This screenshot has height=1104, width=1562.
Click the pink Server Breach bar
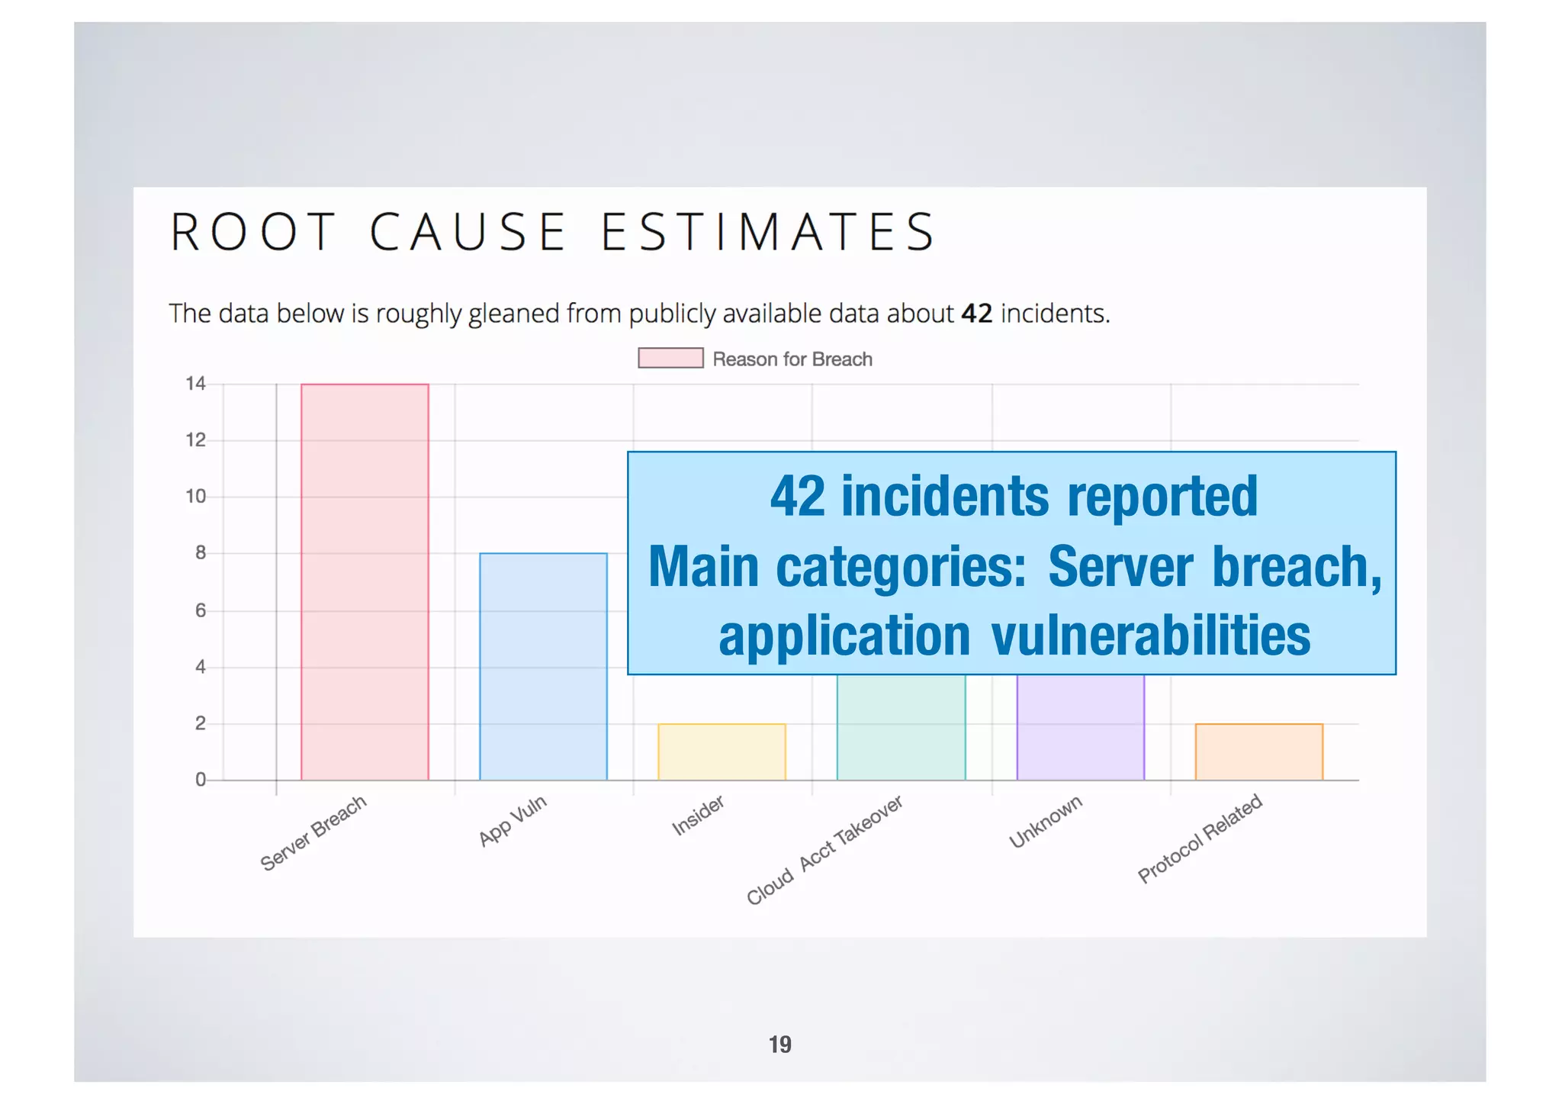click(365, 581)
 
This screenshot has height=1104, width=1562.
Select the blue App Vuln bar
click(543, 666)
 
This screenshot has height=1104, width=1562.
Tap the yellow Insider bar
click(722, 752)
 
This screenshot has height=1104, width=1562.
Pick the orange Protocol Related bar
click(1258, 752)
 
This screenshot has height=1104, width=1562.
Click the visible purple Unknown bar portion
click(1080, 726)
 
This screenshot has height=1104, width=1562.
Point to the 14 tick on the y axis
click(195, 384)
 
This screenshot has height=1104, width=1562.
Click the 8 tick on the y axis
click(200, 553)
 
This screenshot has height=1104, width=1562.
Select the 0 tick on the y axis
click(200, 780)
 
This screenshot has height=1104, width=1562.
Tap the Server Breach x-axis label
click(313, 833)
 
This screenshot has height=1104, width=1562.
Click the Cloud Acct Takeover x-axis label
click(824, 850)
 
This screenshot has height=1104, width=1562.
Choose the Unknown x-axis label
click(1046, 822)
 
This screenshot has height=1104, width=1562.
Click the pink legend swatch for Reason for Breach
click(670, 358)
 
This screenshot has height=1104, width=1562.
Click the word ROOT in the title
click(252, 232)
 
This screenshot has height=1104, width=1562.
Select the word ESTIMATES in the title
click(768, 232)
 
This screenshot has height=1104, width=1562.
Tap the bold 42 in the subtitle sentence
click(976, 314)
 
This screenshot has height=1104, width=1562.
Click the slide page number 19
click(779, 1044)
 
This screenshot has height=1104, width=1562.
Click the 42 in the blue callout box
click(797, 497)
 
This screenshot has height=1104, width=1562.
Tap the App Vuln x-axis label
click(513, 820)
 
